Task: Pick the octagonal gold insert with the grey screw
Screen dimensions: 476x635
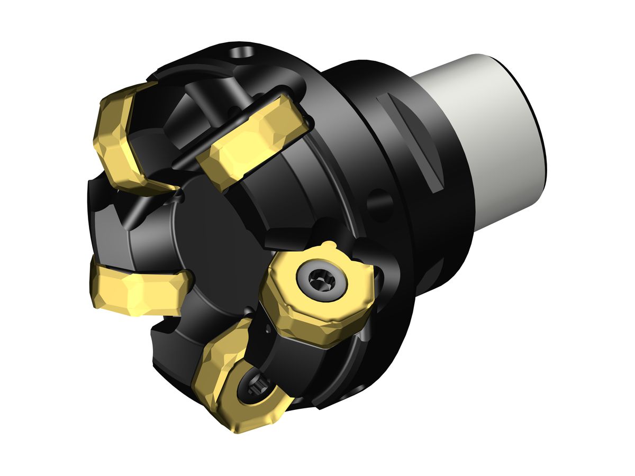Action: (x=317, y=294)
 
